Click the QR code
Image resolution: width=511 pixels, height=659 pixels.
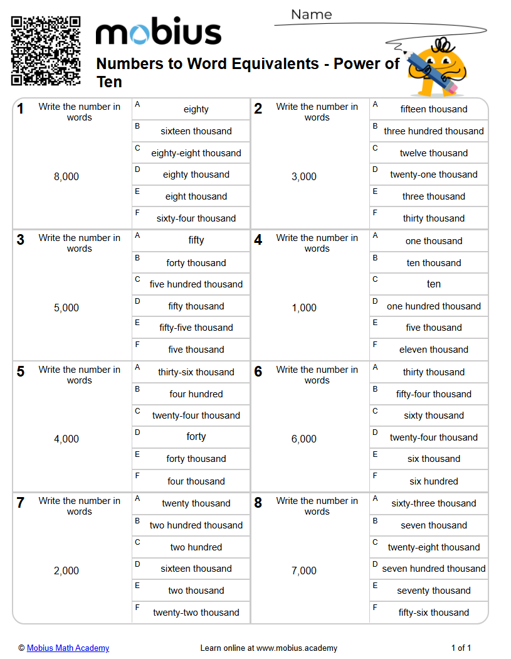coord(46,51)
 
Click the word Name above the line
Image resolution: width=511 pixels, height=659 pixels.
coord(312,14)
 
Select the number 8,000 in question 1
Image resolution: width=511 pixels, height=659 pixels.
coord(66,177)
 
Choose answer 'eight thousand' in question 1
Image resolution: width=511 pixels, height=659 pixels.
coord(196,196)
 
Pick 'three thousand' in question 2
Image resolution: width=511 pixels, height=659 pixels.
coord(434,196)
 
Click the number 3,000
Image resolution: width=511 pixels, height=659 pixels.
coord(304,177)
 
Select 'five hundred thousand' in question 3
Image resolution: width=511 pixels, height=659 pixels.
coord(196,284)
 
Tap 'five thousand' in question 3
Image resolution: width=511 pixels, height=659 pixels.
coord(196,350)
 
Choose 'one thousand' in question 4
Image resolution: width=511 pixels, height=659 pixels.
coord(434,241)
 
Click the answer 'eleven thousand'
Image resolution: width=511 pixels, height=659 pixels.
coord(434,350)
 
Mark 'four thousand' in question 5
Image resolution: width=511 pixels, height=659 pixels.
coord(196,481)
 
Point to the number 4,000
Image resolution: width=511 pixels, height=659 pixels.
coord(66,439)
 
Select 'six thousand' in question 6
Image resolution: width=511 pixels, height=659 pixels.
coord(434,459)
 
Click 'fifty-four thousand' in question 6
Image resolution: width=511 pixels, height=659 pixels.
coord(434,394)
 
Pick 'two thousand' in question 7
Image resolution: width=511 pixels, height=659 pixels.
coord(196,591)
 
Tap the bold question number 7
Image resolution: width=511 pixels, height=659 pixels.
coord(21,503)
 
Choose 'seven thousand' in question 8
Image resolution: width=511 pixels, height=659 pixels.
coord(434,525)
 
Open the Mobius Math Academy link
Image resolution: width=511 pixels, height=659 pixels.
coord(68,648)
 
